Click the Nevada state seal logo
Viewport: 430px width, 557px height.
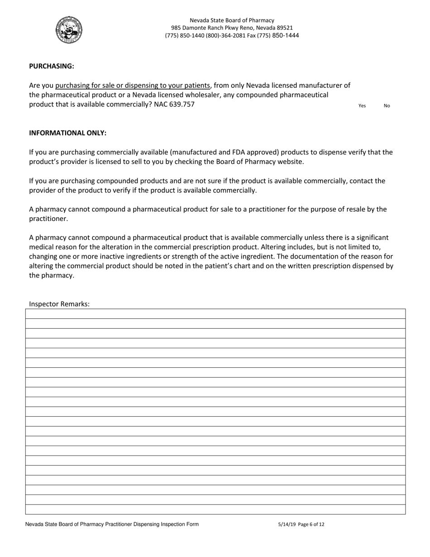[x=69, y=29]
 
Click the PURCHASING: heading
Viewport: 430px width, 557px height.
[x=51, y=66]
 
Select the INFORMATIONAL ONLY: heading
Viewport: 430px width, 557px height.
[x=68, y=133]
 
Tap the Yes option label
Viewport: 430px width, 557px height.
[x=362, y=106]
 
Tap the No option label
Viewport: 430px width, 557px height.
[x=387, y=106]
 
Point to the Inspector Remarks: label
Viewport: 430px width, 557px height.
[x=59, y=304]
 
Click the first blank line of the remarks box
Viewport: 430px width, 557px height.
[x=215, y=314]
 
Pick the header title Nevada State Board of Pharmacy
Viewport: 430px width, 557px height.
[x=232, y=20]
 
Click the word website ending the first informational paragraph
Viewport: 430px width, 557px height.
[x=290, y=162]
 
